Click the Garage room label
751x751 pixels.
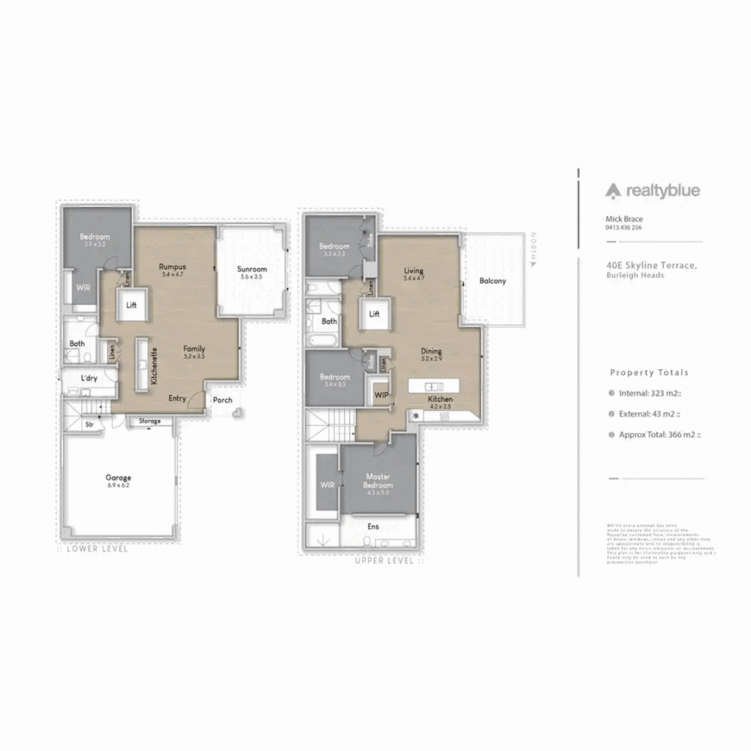[118, 478]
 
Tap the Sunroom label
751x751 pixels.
[252, 269]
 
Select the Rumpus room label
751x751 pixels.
[171, 266]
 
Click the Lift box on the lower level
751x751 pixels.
[132, 305]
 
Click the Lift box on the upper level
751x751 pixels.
[375, 314]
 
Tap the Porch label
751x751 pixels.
[223, 400]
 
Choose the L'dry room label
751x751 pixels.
[88, 378]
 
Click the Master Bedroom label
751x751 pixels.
[379, 481]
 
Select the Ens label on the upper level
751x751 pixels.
[373, 526]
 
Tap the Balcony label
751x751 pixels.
[492, 281]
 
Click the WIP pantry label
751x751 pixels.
[381, 395]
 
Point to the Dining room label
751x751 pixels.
[431, 352]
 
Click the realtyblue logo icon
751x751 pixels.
[612, 191]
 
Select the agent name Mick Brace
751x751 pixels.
[624, 219]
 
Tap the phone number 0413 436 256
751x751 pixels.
[624, 227]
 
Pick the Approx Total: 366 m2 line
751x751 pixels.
[659, 435]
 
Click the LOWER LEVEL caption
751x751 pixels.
[97, 549]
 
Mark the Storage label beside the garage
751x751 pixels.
[149, 421]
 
